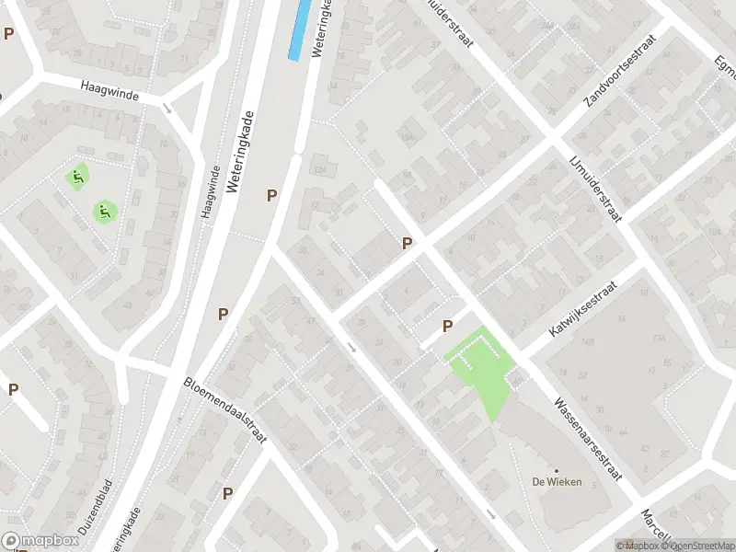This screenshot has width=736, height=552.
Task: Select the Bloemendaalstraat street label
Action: pos(225,410)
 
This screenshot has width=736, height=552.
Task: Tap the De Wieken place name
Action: pos(557,482)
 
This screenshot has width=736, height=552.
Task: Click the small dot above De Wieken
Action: pos(557,469)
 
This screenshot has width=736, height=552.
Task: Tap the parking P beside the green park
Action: pos(448,326)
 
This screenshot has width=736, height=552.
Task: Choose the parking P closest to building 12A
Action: pos(271,195)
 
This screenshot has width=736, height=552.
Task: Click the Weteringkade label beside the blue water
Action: pos(322,29)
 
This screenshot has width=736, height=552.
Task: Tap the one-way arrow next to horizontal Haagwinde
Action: pos(167,108)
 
